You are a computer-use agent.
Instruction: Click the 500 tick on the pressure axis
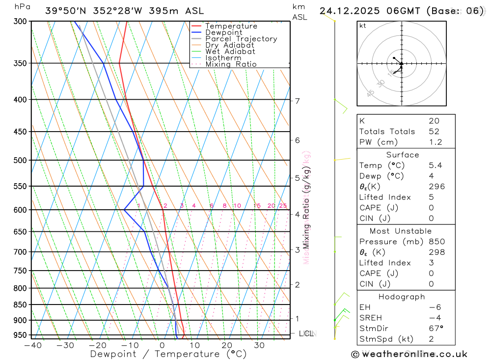coord(21,160)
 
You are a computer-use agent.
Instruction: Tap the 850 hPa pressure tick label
coord(21,305)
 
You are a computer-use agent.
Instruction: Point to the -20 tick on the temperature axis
coord(97,345)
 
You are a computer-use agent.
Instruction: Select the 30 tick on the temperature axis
coord(259,345)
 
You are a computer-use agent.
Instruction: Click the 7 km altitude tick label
coord(298,101)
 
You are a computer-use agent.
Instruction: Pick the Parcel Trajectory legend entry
coord(241,39)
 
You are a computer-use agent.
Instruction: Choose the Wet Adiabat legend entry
coord(230,52)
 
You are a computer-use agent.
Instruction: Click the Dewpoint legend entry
coord(224,32)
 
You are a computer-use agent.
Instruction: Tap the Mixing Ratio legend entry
coord(231,64)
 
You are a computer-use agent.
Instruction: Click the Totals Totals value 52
coord(434,132)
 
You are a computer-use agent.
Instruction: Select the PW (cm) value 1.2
coord(436,142)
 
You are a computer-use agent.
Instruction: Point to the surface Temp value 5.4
coord(436,166)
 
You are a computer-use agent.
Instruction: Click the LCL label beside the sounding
coord(306,334)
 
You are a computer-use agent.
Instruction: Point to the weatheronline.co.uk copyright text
coord(409,354)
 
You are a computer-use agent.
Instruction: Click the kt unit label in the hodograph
coord(363,26)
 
